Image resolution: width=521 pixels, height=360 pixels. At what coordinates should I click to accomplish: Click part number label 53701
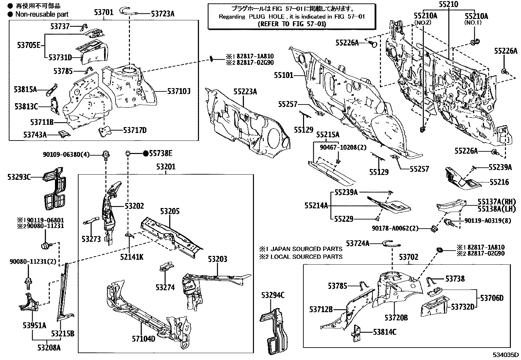coord(103,13)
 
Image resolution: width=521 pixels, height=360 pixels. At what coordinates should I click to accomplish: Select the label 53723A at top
coord(163,13)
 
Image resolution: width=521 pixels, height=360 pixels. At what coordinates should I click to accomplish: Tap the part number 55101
coord(283,76)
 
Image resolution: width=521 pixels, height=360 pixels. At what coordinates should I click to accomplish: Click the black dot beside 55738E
coord(146,153)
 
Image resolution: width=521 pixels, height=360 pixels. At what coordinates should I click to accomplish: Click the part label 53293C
coord(19,177)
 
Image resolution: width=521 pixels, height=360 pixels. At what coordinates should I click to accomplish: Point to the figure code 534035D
coord(506,355)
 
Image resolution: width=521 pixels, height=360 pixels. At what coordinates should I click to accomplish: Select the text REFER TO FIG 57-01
coord(292,24)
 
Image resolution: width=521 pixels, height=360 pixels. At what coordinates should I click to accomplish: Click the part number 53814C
coord(385,332)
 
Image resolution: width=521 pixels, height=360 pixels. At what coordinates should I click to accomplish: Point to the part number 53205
coord(170,211)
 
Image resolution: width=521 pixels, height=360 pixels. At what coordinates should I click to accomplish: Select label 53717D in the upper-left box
coord(135,130)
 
